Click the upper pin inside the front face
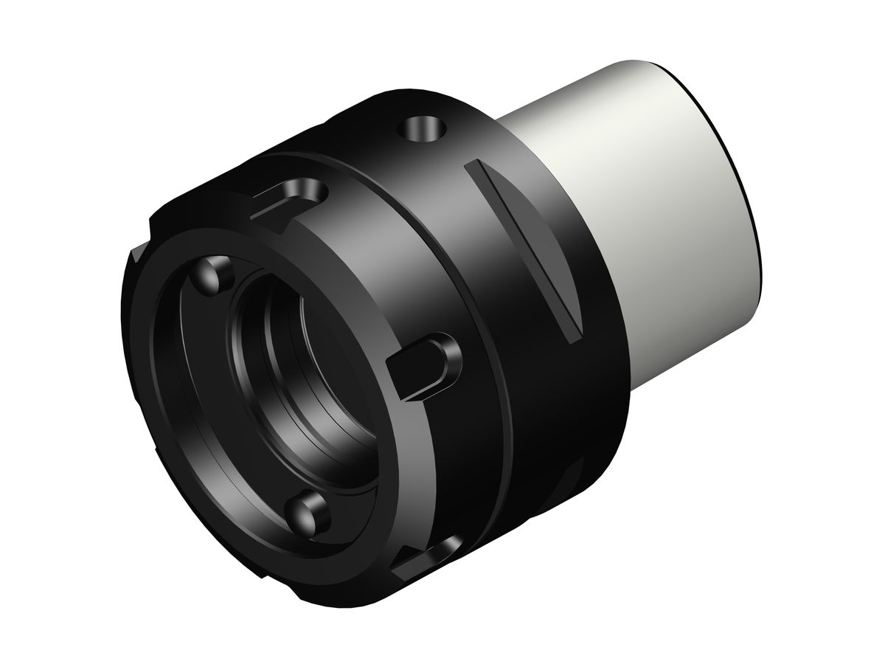point(214,273)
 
